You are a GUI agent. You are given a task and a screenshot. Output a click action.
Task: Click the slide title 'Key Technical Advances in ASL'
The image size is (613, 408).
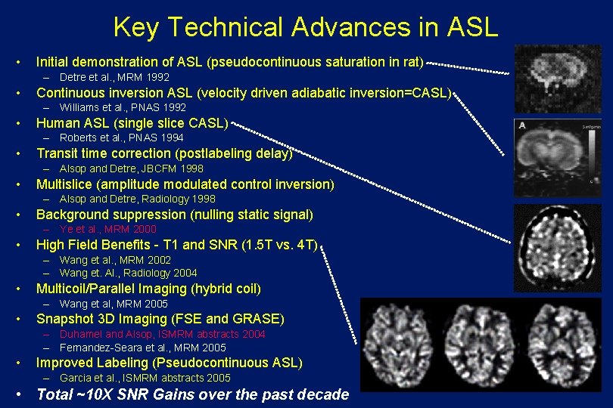click(x=306, y=27)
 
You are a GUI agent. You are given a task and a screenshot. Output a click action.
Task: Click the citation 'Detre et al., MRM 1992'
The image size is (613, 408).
click(x=114, y=77)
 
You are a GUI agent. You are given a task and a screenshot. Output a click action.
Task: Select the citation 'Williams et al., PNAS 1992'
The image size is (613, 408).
click(x=122, y=107)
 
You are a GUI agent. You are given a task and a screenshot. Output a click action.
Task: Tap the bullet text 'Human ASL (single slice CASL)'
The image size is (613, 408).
click(x=132, y=123)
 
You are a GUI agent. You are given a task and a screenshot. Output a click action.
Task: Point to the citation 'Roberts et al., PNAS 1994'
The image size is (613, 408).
click(x=121, y=138)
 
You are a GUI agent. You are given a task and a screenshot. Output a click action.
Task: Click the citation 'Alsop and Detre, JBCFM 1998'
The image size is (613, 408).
click(x=131, y=168)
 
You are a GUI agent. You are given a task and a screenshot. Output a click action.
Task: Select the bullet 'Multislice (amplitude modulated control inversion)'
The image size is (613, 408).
click(x=185, y=184)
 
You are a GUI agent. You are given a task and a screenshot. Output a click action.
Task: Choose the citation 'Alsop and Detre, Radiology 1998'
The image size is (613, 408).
click(x=137, y=199)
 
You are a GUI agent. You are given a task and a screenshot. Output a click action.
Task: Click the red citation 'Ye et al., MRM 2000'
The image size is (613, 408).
click(x=107, y=229)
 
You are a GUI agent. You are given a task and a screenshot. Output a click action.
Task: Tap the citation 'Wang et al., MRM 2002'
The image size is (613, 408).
click(x=115, y=260)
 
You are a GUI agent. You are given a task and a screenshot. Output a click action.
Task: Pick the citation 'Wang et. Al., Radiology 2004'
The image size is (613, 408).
click(x=128, y=273)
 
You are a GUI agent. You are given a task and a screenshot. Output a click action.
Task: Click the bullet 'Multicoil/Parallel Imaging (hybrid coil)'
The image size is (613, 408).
click(x=148, y=289)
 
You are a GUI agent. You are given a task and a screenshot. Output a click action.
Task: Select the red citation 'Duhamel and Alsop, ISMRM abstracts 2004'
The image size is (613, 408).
click(x=162, y=334)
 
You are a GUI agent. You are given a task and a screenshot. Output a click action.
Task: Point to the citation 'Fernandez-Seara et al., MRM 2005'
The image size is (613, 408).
click(x=142, y=348)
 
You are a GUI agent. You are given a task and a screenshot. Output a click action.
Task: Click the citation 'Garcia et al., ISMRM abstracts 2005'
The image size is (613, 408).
click(x=145, y=378)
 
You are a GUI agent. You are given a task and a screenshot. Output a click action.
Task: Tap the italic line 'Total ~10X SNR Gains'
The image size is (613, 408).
click(x=192, y=394)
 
